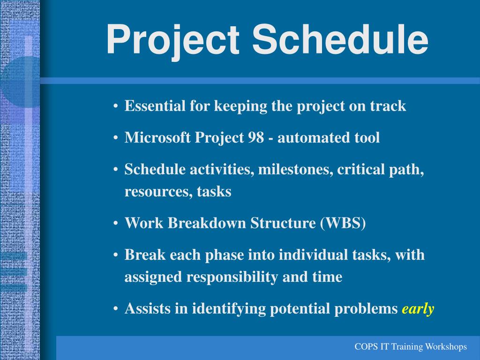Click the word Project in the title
[172, 40]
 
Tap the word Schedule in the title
[340, 39]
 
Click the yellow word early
[418, 309]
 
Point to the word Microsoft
[157, 137]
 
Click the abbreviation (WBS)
[343, 223]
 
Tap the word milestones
[296, 169]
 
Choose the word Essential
[155, 106]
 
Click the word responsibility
[232, 277]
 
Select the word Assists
[148, 308]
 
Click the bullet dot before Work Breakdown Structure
[115, 224]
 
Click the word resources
[158, 192]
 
